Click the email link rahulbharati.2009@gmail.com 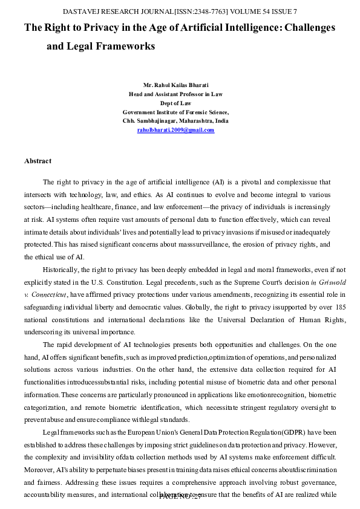click(175, 130)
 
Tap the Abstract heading click(38, 161)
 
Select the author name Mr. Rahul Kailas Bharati click(175, 85)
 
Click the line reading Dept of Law click(175, 103)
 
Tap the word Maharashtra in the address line click(194, 121)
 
